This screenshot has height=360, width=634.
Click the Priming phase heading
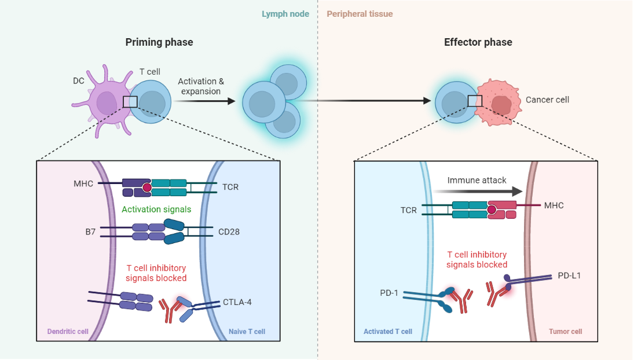click(x=159, y=42)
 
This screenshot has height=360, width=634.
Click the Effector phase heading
click(x=478, y=42)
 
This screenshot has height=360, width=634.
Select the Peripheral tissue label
click(x=360, y=14)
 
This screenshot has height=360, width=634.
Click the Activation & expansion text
click(x=200, y=86)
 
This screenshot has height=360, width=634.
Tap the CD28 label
click(x=229, y=232)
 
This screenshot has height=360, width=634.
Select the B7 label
click(x=89, y=232)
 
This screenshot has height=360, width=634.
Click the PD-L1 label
click(x=569, y=275)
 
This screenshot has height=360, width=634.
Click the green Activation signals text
click(x=156, y=210)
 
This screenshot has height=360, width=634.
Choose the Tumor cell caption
click(x=565, y=332)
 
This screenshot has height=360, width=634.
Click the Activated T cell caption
click(x=388, y=332)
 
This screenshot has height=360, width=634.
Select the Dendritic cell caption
click(x=67, y=332)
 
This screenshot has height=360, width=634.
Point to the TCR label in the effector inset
click(x=408, y=210)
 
